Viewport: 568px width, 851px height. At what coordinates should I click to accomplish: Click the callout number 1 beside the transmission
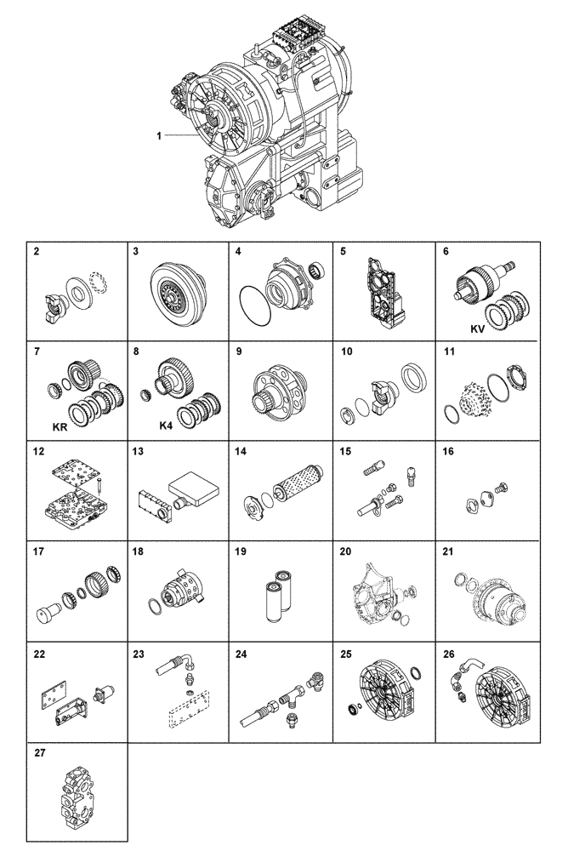[158, 135]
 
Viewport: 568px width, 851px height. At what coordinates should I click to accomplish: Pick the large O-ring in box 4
[255, 301]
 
